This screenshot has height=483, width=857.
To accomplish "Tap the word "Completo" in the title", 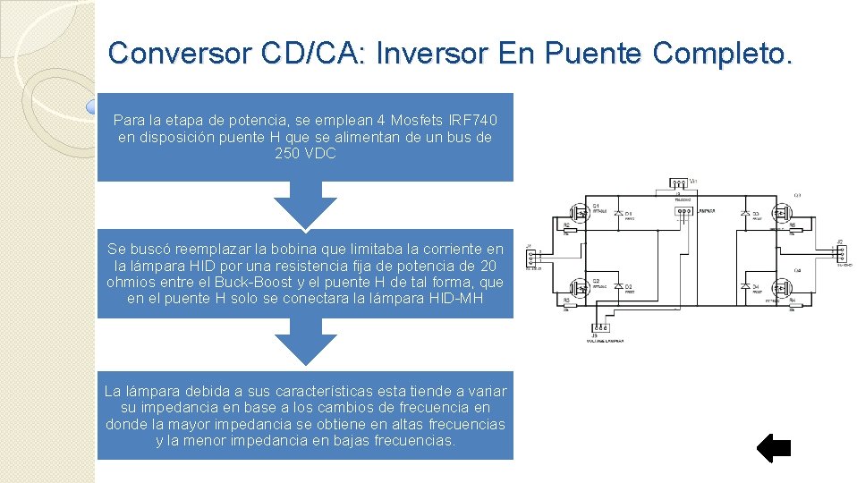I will [x=723, y=54].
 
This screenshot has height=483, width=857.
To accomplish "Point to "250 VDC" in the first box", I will [x=306, y=154].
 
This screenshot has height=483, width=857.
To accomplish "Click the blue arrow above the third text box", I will [x=306, y=342].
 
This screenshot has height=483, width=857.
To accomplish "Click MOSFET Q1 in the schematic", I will [x=580, y=213].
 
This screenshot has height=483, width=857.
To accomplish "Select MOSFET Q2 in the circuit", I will [x=580, y=288].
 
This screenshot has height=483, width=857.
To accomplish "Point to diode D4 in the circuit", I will [x=744, y=288].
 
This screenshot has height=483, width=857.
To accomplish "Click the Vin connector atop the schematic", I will [x=679, y=184].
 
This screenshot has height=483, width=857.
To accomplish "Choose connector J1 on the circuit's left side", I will [x=531, y=254].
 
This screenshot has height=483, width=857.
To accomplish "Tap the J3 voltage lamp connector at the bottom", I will [x=601, y=328].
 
